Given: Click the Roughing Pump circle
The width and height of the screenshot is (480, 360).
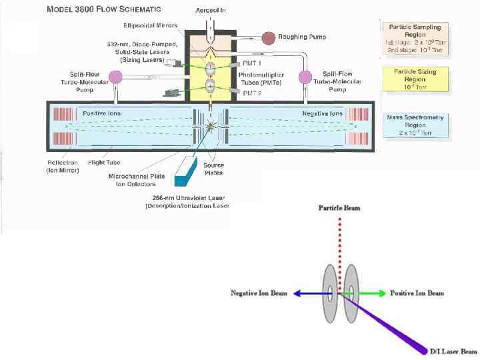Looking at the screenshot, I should pos(267,37).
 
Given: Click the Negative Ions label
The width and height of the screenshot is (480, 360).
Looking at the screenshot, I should pos(322,114).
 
